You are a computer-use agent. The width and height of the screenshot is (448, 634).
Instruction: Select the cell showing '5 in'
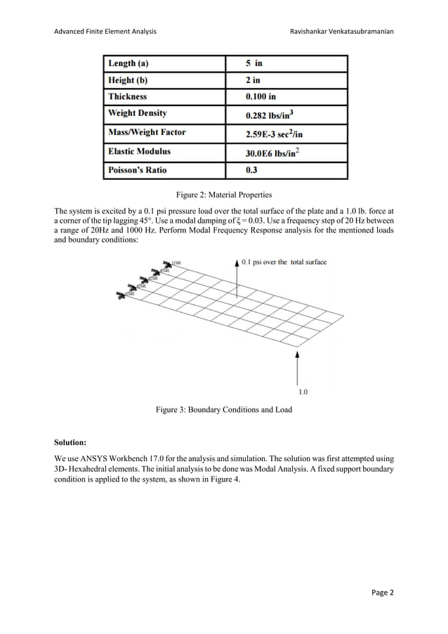click(254, 63)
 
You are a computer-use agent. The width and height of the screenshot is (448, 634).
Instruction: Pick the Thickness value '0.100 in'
click(261, 97)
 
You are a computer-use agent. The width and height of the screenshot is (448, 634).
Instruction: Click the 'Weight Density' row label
click(137, 113)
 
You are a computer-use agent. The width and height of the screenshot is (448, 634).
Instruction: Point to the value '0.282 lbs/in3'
click(268, 115)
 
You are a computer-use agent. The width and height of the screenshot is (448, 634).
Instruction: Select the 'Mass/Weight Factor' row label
click(147, 131)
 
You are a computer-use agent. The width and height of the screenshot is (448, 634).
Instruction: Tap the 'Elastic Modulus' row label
click(139, 150)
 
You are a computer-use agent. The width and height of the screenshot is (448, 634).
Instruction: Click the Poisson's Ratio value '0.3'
click(251, 169)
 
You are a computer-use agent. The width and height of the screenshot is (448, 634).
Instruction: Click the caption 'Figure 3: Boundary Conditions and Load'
click(223, 410)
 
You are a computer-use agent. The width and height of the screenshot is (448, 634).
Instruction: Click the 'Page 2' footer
click(382, 592)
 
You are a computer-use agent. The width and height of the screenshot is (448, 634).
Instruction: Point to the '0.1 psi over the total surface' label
click(284, 262)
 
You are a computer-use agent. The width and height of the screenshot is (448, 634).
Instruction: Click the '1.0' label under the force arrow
click(303, 391)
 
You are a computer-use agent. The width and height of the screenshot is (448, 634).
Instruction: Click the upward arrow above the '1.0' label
click(298, 366)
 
